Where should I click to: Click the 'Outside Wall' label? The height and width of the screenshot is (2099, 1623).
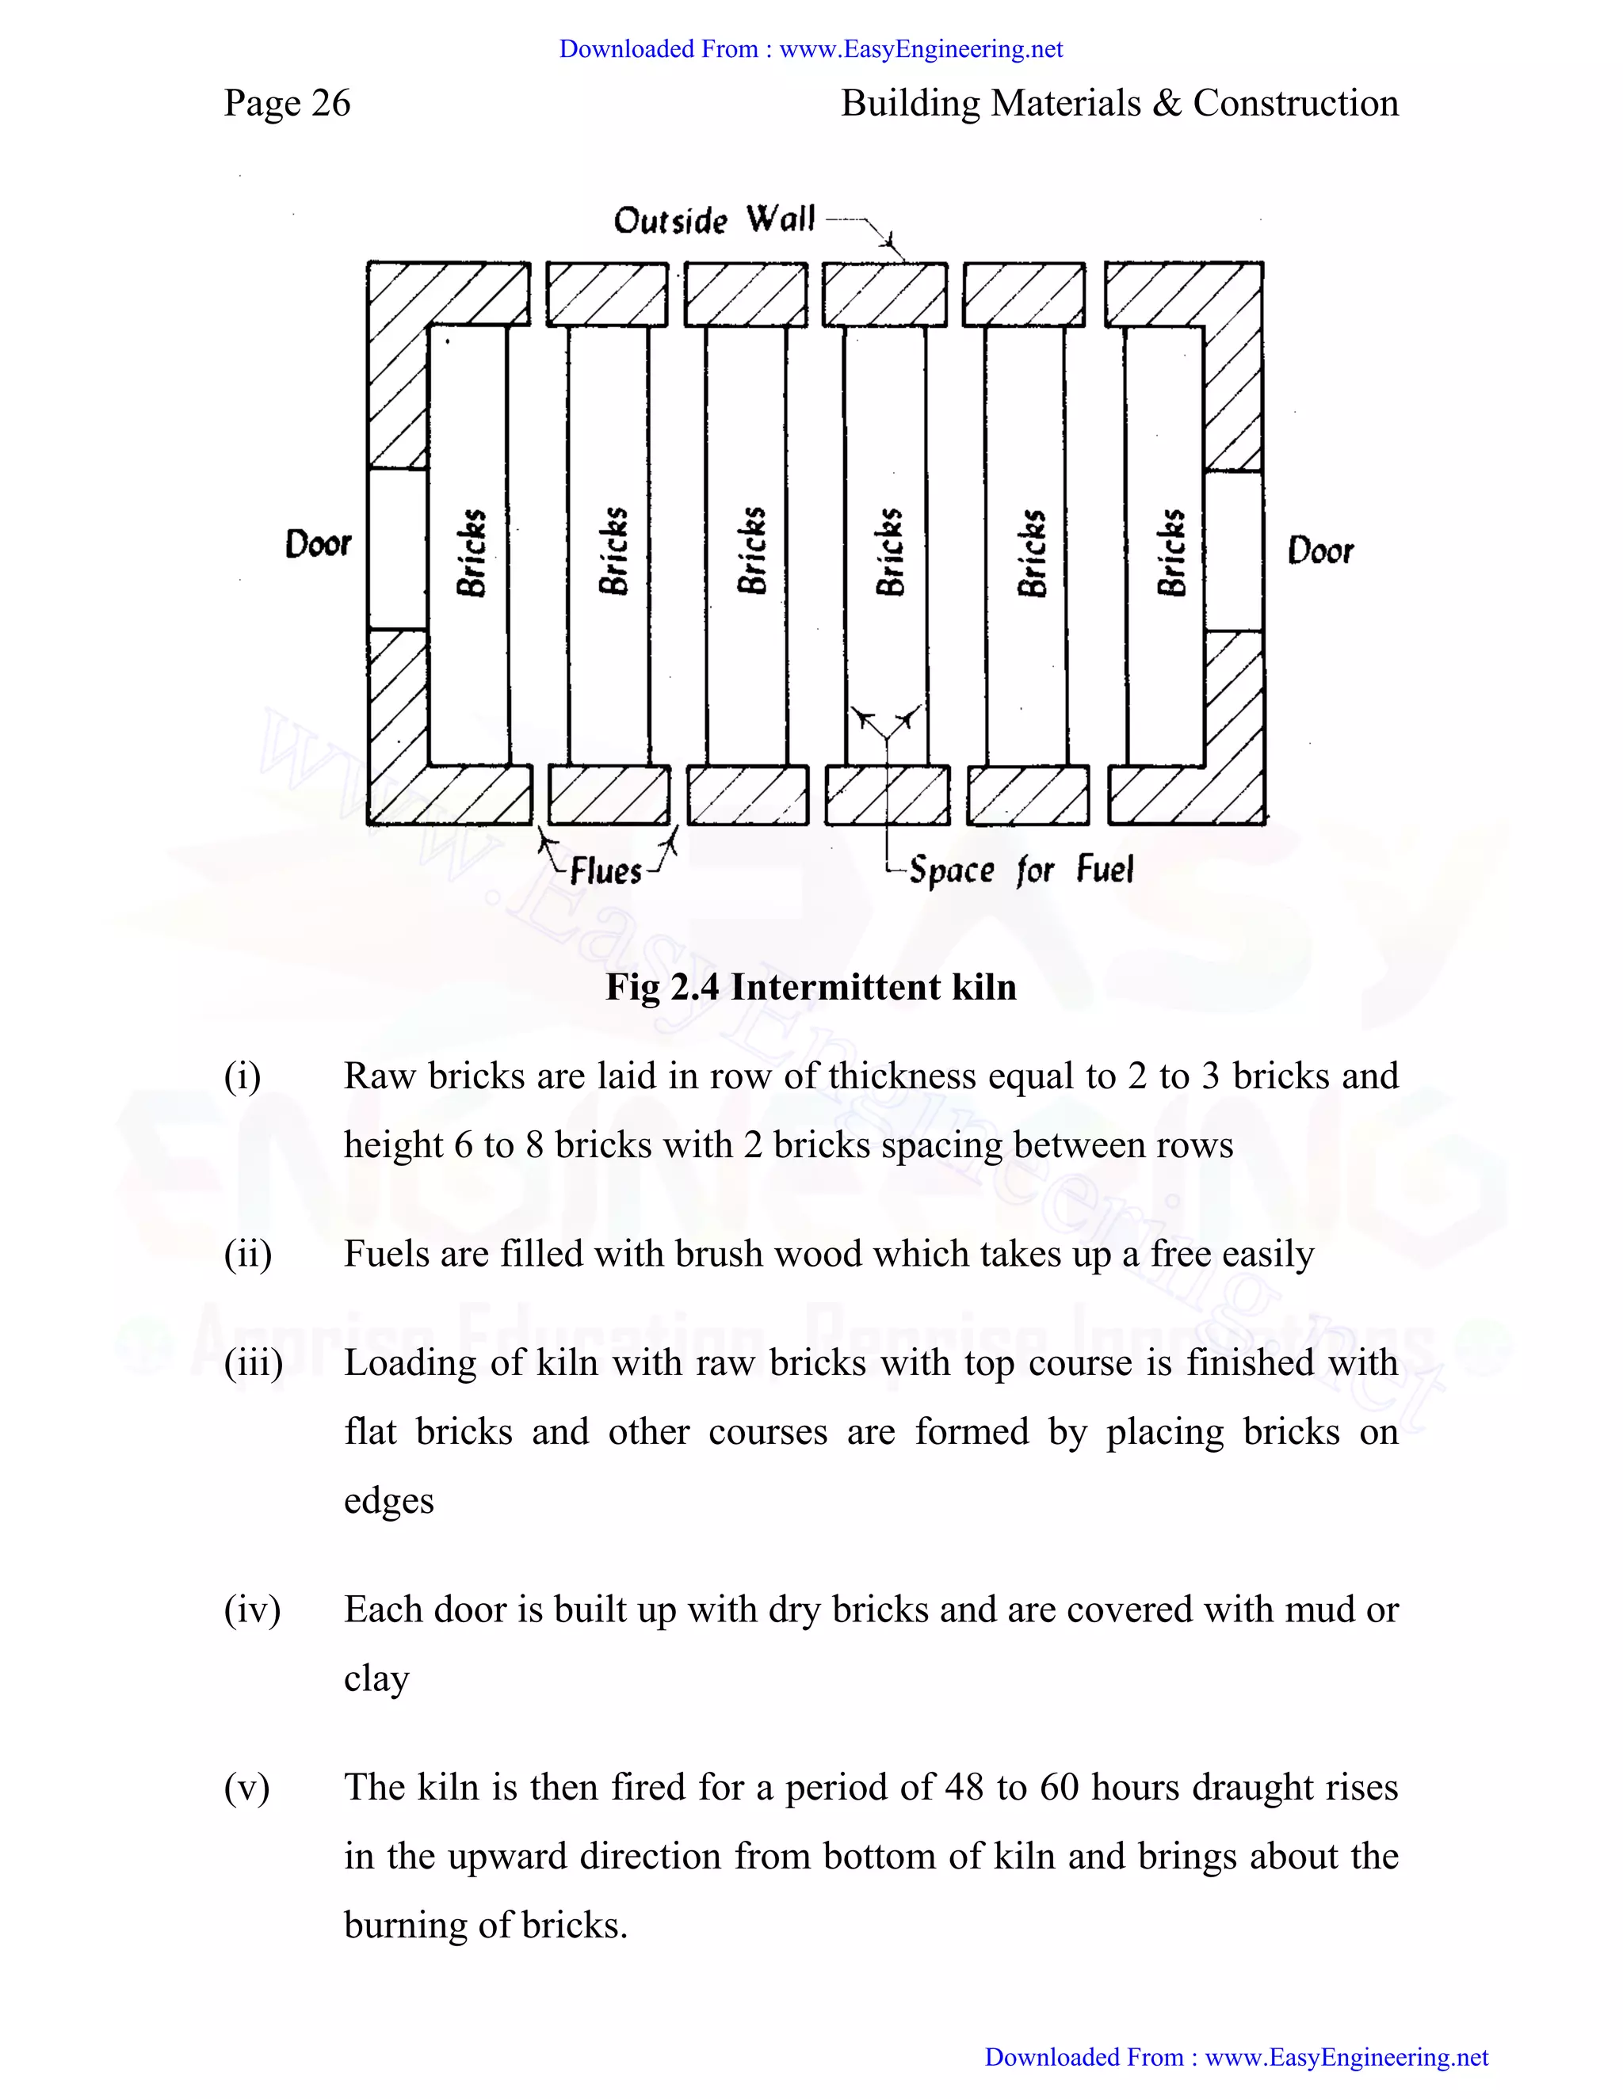click(713, 220)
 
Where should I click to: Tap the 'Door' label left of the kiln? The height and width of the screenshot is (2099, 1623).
click(319, 544)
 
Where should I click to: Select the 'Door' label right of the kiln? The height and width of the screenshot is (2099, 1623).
click(1320, 550)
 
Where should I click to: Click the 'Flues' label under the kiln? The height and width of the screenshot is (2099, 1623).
click(605, 870)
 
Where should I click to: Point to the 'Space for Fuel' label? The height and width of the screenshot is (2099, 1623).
click(1021, 870)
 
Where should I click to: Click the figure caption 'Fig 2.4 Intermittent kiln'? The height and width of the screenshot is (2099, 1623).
click(811, 987)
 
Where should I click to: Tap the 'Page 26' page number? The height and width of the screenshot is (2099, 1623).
click(287, 103)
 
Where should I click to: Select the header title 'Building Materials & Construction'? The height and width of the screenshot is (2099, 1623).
click(1119, 103)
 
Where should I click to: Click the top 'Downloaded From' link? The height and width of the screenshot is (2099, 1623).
click(811, 49)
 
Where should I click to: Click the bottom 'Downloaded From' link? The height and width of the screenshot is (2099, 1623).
click(1235, 2057)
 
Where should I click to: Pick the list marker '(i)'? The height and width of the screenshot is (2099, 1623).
click(242, 1076)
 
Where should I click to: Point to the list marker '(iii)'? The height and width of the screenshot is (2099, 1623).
click(253, 1363)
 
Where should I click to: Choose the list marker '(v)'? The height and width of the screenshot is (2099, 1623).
click(246, 1788)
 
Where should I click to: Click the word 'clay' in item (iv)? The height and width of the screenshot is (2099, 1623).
click(377, 1679)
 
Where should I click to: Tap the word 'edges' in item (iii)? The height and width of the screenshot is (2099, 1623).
click(388, 1501)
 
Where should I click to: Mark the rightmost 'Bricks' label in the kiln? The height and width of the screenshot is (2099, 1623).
click(1170, 553)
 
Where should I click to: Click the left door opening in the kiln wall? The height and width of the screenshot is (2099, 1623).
click(398, 549)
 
